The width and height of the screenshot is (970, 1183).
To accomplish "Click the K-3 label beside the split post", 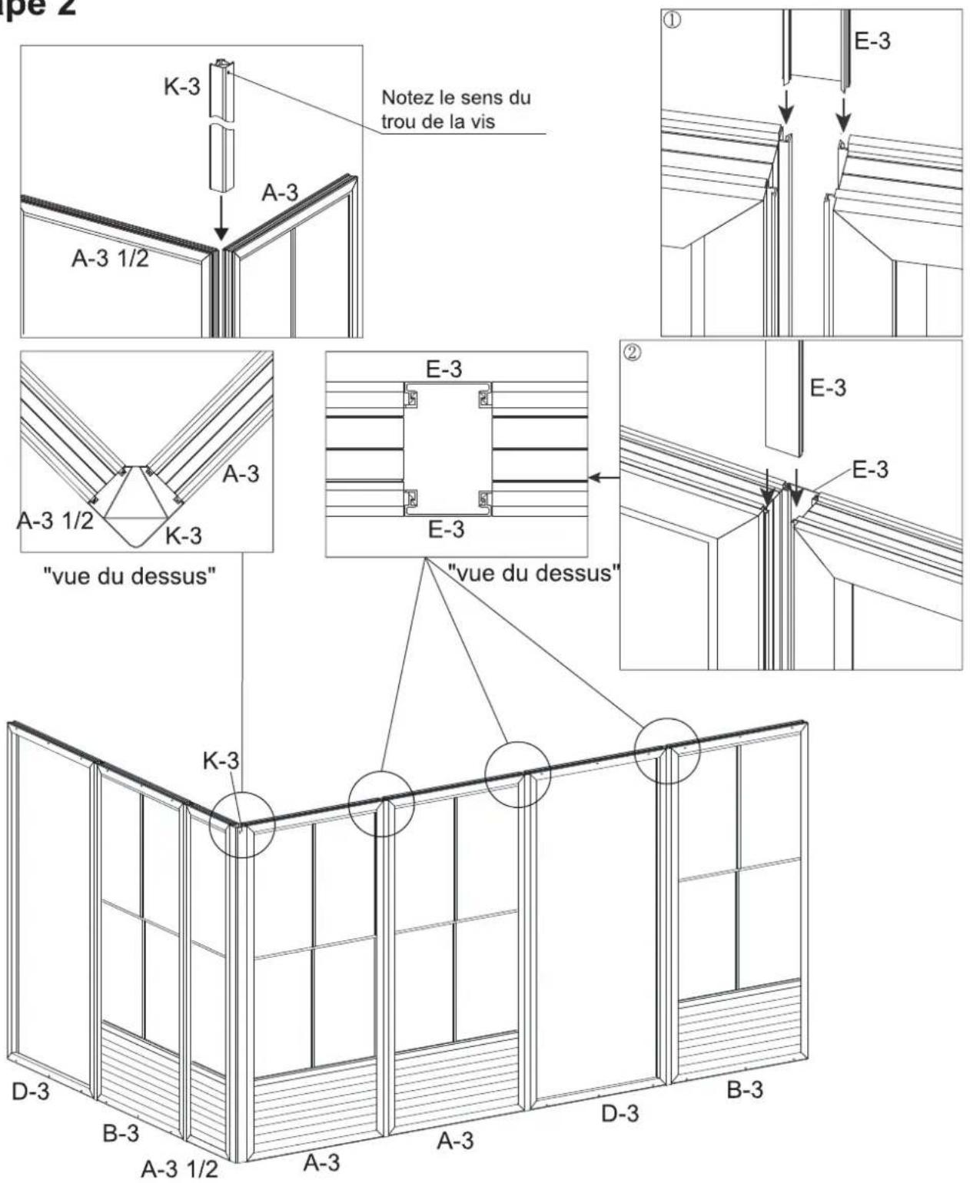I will coord(181,86).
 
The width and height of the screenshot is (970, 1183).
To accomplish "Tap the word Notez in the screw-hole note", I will coord(407,99).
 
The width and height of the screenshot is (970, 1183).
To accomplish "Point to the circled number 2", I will coord(630,355).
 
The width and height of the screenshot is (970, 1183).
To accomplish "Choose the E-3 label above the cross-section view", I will coord(444,369).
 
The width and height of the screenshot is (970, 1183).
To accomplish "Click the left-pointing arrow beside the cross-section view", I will coord(601,478).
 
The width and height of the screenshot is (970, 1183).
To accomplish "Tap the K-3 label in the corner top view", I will coord(184,535).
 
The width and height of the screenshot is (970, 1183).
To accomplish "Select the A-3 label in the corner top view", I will coord(241,474).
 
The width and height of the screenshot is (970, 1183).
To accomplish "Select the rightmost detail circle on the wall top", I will coord(667,751).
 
